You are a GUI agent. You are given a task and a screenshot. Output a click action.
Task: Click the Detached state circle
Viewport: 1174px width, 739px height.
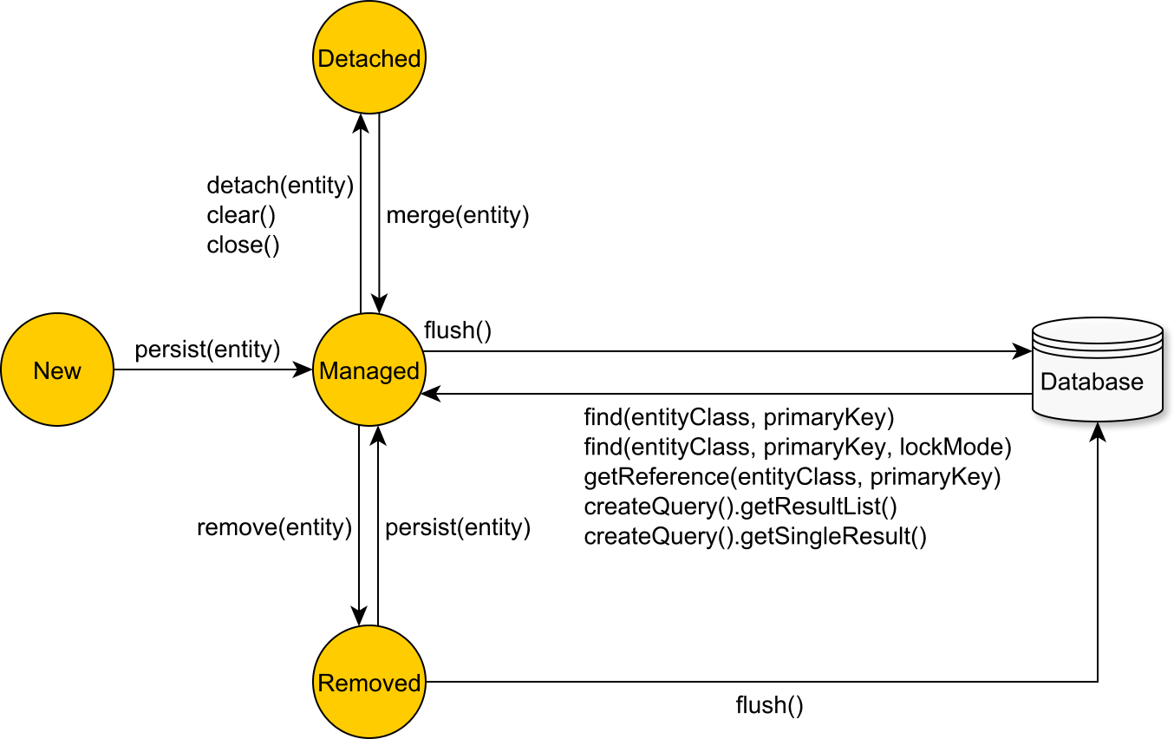(x=369, y=58)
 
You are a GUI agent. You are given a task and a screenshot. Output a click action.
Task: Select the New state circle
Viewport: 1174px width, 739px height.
(x=57, y=370)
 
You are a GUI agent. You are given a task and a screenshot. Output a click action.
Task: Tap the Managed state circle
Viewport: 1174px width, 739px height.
(x=369, y=370)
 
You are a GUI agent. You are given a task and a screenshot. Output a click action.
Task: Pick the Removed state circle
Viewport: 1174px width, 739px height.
(x=369, y=683)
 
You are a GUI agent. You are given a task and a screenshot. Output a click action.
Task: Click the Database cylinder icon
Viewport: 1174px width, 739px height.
(x=1097, y=370)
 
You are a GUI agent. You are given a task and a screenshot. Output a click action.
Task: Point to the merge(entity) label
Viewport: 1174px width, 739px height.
(x=457, y=215)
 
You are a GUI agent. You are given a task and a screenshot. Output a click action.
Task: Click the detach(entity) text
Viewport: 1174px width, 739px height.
(x=280, y=185)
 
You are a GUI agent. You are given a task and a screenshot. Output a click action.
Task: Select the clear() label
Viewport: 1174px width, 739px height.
(x=234, y=215)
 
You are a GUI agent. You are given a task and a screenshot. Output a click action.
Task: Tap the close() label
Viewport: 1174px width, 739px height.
(x=243, y=245)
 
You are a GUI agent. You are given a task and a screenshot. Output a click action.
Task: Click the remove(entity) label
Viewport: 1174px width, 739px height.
(x=274, y=527)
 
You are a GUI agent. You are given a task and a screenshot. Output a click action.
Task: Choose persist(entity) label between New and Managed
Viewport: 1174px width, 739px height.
(x=207, y=350)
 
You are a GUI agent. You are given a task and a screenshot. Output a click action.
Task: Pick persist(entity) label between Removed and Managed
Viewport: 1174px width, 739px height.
(x=457, y=527)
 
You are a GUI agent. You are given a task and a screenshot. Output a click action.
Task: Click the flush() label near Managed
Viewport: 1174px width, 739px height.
(x=458, y=330)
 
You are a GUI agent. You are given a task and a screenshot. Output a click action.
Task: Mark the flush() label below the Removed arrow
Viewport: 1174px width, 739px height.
(x=769, y=704)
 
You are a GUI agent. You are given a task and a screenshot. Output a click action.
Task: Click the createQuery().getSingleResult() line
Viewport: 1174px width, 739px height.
(x=755, y=537)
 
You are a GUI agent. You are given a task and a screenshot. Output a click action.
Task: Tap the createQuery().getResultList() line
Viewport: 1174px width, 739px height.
(x=740, y=507)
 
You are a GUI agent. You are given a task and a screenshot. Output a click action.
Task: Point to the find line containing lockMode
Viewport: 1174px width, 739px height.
(x=798, y=448)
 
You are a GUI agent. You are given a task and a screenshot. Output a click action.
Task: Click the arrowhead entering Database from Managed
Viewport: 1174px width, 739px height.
(x=1023, y=352)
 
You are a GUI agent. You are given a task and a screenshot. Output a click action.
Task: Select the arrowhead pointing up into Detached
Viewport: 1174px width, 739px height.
(x=361, y=122)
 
